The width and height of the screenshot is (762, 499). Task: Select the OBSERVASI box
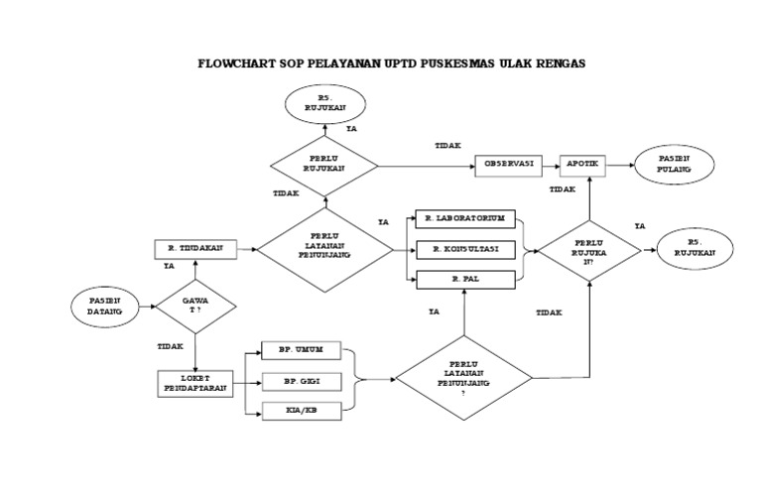[510, 163]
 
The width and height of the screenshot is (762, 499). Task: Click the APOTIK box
[588, 163]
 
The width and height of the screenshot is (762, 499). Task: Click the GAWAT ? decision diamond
[194, 307]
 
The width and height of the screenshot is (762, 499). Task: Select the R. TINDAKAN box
[195, 249]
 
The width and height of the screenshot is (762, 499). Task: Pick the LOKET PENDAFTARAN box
[194, 383]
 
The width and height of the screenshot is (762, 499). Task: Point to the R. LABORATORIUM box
[465, 218]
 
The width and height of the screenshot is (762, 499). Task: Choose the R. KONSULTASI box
[465, 248]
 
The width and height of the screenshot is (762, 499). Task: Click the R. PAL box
[465, 280]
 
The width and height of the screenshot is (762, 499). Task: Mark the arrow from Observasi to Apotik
[551, 163]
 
